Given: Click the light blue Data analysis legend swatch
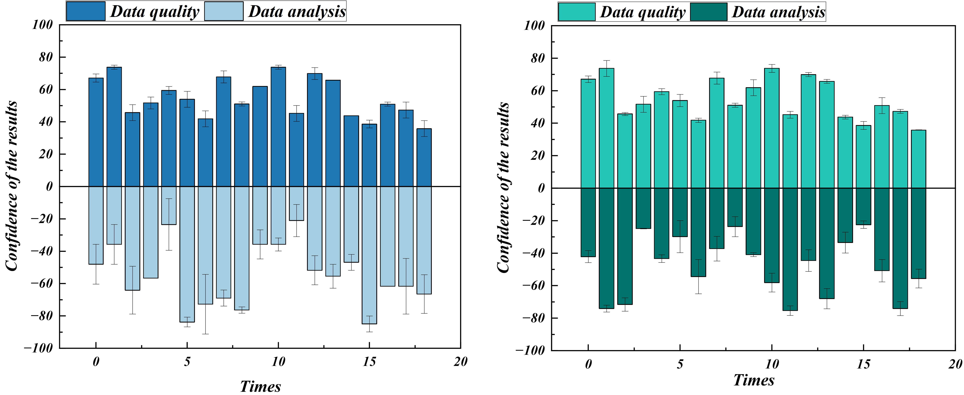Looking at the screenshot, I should (224, 11).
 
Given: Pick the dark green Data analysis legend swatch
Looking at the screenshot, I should (708, 12).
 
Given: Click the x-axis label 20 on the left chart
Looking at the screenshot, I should (460, 362).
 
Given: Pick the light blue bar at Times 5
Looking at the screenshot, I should (187, 254).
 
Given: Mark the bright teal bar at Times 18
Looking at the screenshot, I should (918, 159).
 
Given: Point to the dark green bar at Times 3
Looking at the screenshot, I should (643, 208).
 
